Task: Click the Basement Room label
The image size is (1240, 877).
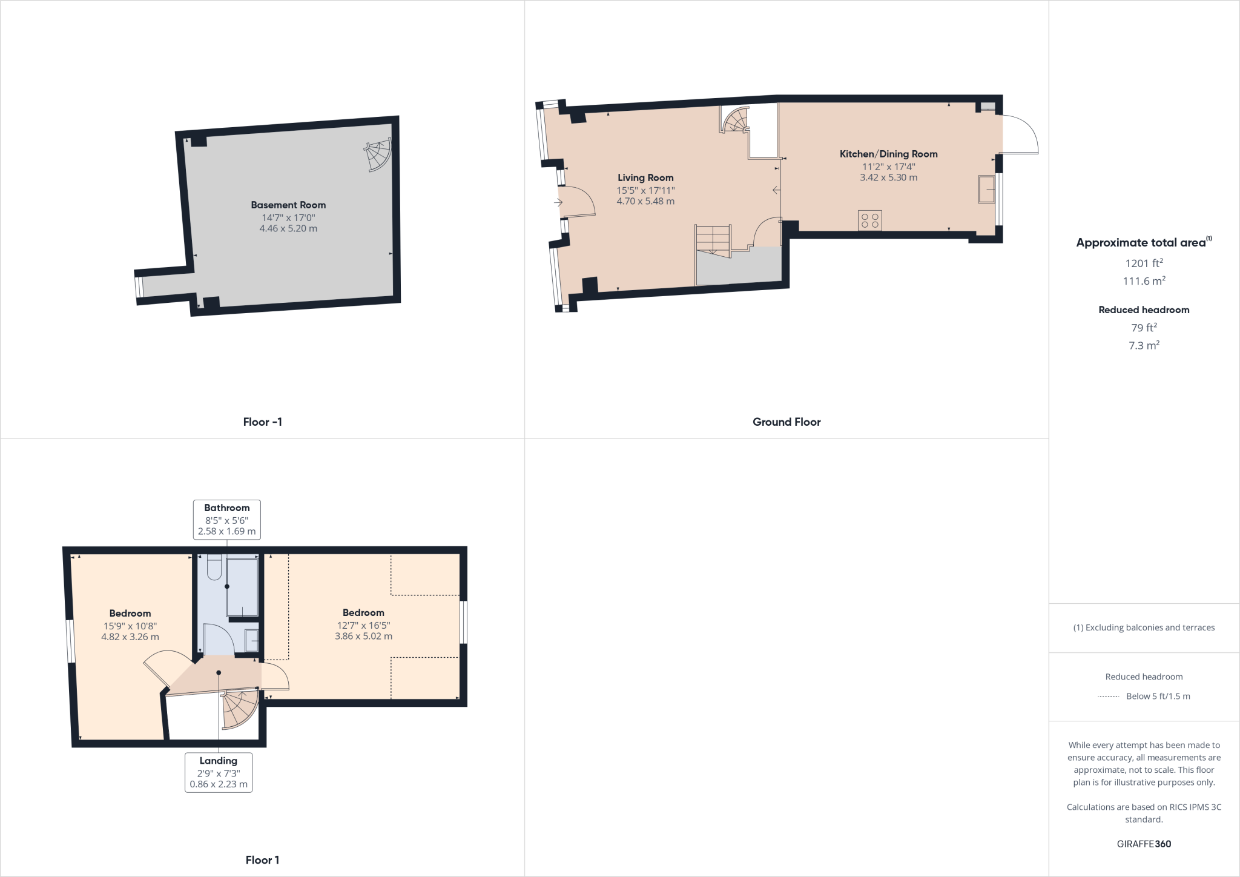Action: tap(288, 205)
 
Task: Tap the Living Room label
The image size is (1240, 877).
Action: tap(645, 177)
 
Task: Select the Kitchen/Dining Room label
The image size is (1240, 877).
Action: tap(888, 154)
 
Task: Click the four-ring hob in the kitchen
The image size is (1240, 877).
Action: tap(870, 220)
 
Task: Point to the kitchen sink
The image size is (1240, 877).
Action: tap(986, 190)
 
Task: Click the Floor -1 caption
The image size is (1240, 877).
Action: tap(262, 422)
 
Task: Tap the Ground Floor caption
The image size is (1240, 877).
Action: tap(787, 422)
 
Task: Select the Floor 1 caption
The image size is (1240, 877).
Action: tap(262, 860)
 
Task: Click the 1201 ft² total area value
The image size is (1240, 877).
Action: tap(1144, 263)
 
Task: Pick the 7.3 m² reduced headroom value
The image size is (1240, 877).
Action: tap(1144, 345)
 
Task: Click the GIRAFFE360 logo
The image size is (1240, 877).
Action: tap(1144, 844)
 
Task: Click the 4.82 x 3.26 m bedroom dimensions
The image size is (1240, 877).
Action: tap(130, 637)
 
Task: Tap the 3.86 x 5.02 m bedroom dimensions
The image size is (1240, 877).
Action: tap(363, 636)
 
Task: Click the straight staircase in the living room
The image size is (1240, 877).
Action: tap(713, 240)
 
